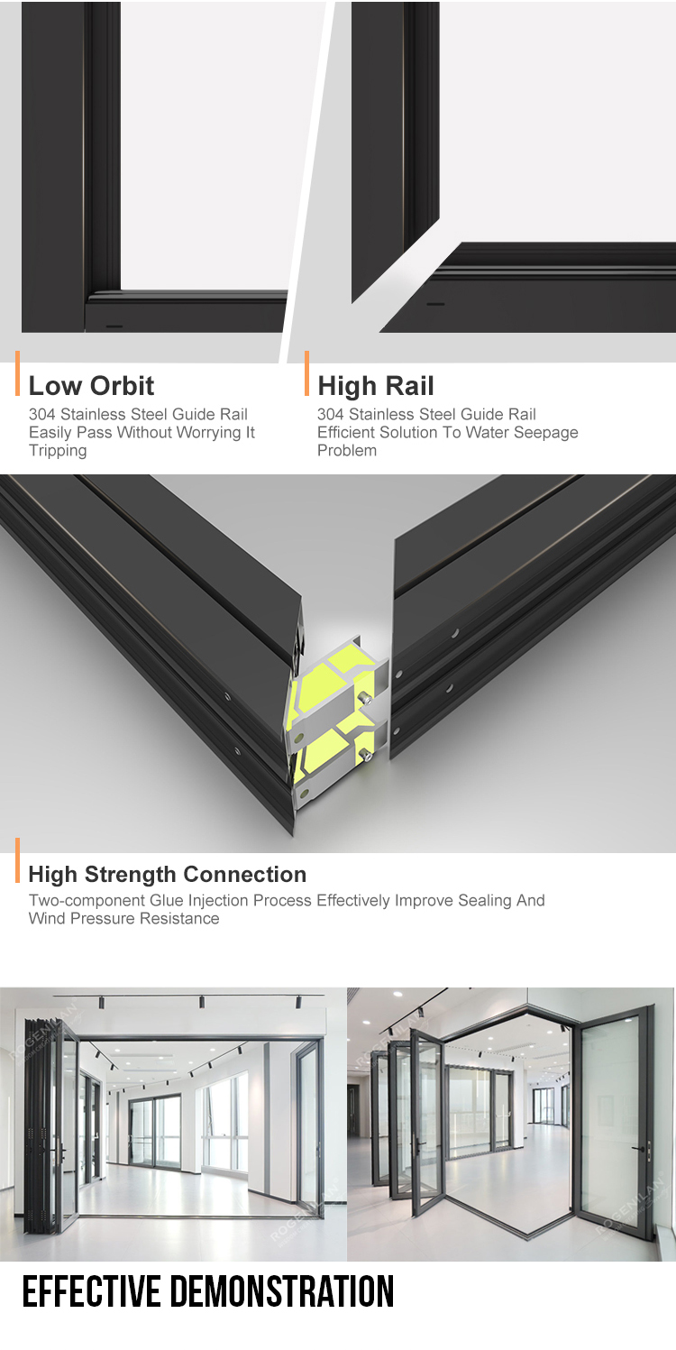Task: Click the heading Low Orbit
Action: coord(92,386)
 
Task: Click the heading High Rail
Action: coord(375,386)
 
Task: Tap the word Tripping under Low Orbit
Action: coord(58,451)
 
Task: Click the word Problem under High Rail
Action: coord(347,451)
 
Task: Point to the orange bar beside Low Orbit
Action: coord(18,373)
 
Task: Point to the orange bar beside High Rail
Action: coord(307,373)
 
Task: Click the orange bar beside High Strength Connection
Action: coord(18,860)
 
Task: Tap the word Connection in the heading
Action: coord(244,875)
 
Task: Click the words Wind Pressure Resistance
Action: coord(124,918)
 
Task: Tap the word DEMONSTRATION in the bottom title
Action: coord(281,1291)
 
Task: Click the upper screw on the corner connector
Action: coord(364,698)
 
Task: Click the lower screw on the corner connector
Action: coord(364,754)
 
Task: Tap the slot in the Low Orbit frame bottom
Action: coord(114,326)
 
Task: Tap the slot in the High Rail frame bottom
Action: coord(435,304)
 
